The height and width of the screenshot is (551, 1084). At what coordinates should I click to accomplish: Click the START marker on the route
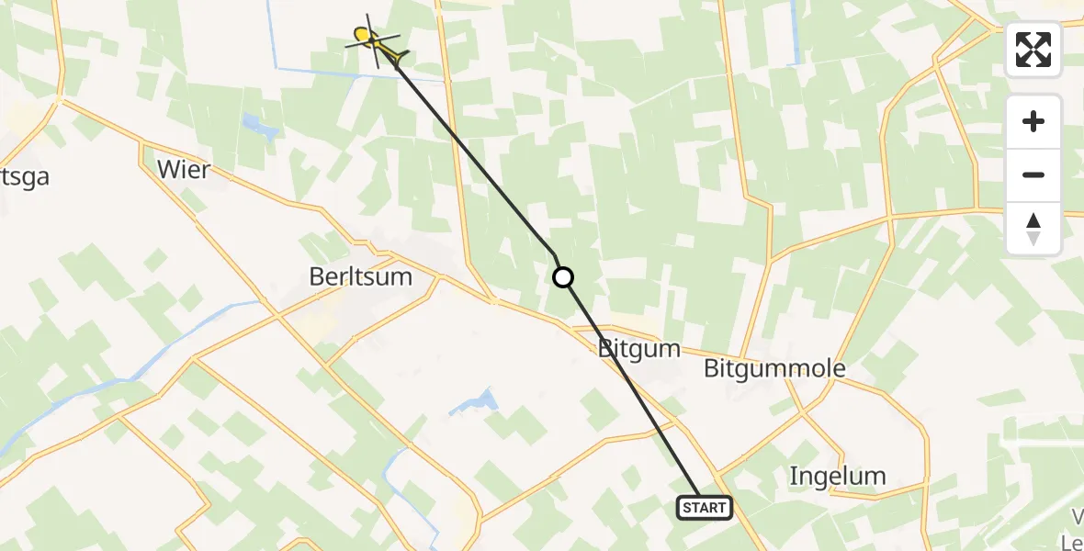pyautogui.click(x=705, y=507)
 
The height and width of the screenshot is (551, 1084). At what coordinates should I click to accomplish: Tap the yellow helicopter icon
pyautogui.click(x=374, y=40)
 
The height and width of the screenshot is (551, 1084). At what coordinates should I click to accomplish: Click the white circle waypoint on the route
pyautogui.click(x=562, y=276)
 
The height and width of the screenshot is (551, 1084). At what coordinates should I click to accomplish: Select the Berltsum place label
pyautogui.click(x=360, y=276)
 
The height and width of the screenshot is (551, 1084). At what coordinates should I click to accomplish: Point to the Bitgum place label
pyautogui.click(x=638, y=349)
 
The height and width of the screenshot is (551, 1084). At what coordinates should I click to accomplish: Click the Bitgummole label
pyautogui.click(x=773, y=369)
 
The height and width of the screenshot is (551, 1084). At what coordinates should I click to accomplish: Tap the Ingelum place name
pyautogui.click(x=838, y=476)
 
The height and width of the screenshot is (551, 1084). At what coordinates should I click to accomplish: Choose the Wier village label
pyautogui.click(x=184, y=170)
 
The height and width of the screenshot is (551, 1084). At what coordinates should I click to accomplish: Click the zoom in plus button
pyautogui.click(x=1033, y=121)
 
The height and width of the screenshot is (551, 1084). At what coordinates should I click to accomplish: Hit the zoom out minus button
pyautogui.click(x=1033, y=174)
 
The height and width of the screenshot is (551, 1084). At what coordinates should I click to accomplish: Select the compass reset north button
pyautogui.click(x=1033, y=229)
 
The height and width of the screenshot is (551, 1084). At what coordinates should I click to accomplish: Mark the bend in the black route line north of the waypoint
pyautogui.click(x=554, y=253)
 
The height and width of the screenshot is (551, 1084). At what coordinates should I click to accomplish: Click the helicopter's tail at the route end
pyautogui.click(x=398, y=62)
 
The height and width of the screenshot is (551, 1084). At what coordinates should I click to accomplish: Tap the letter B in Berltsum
pyautogui.click(x=317, y=276)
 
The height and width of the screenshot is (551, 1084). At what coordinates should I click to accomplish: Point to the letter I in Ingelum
pyautogui.click(x=794, y=476)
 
